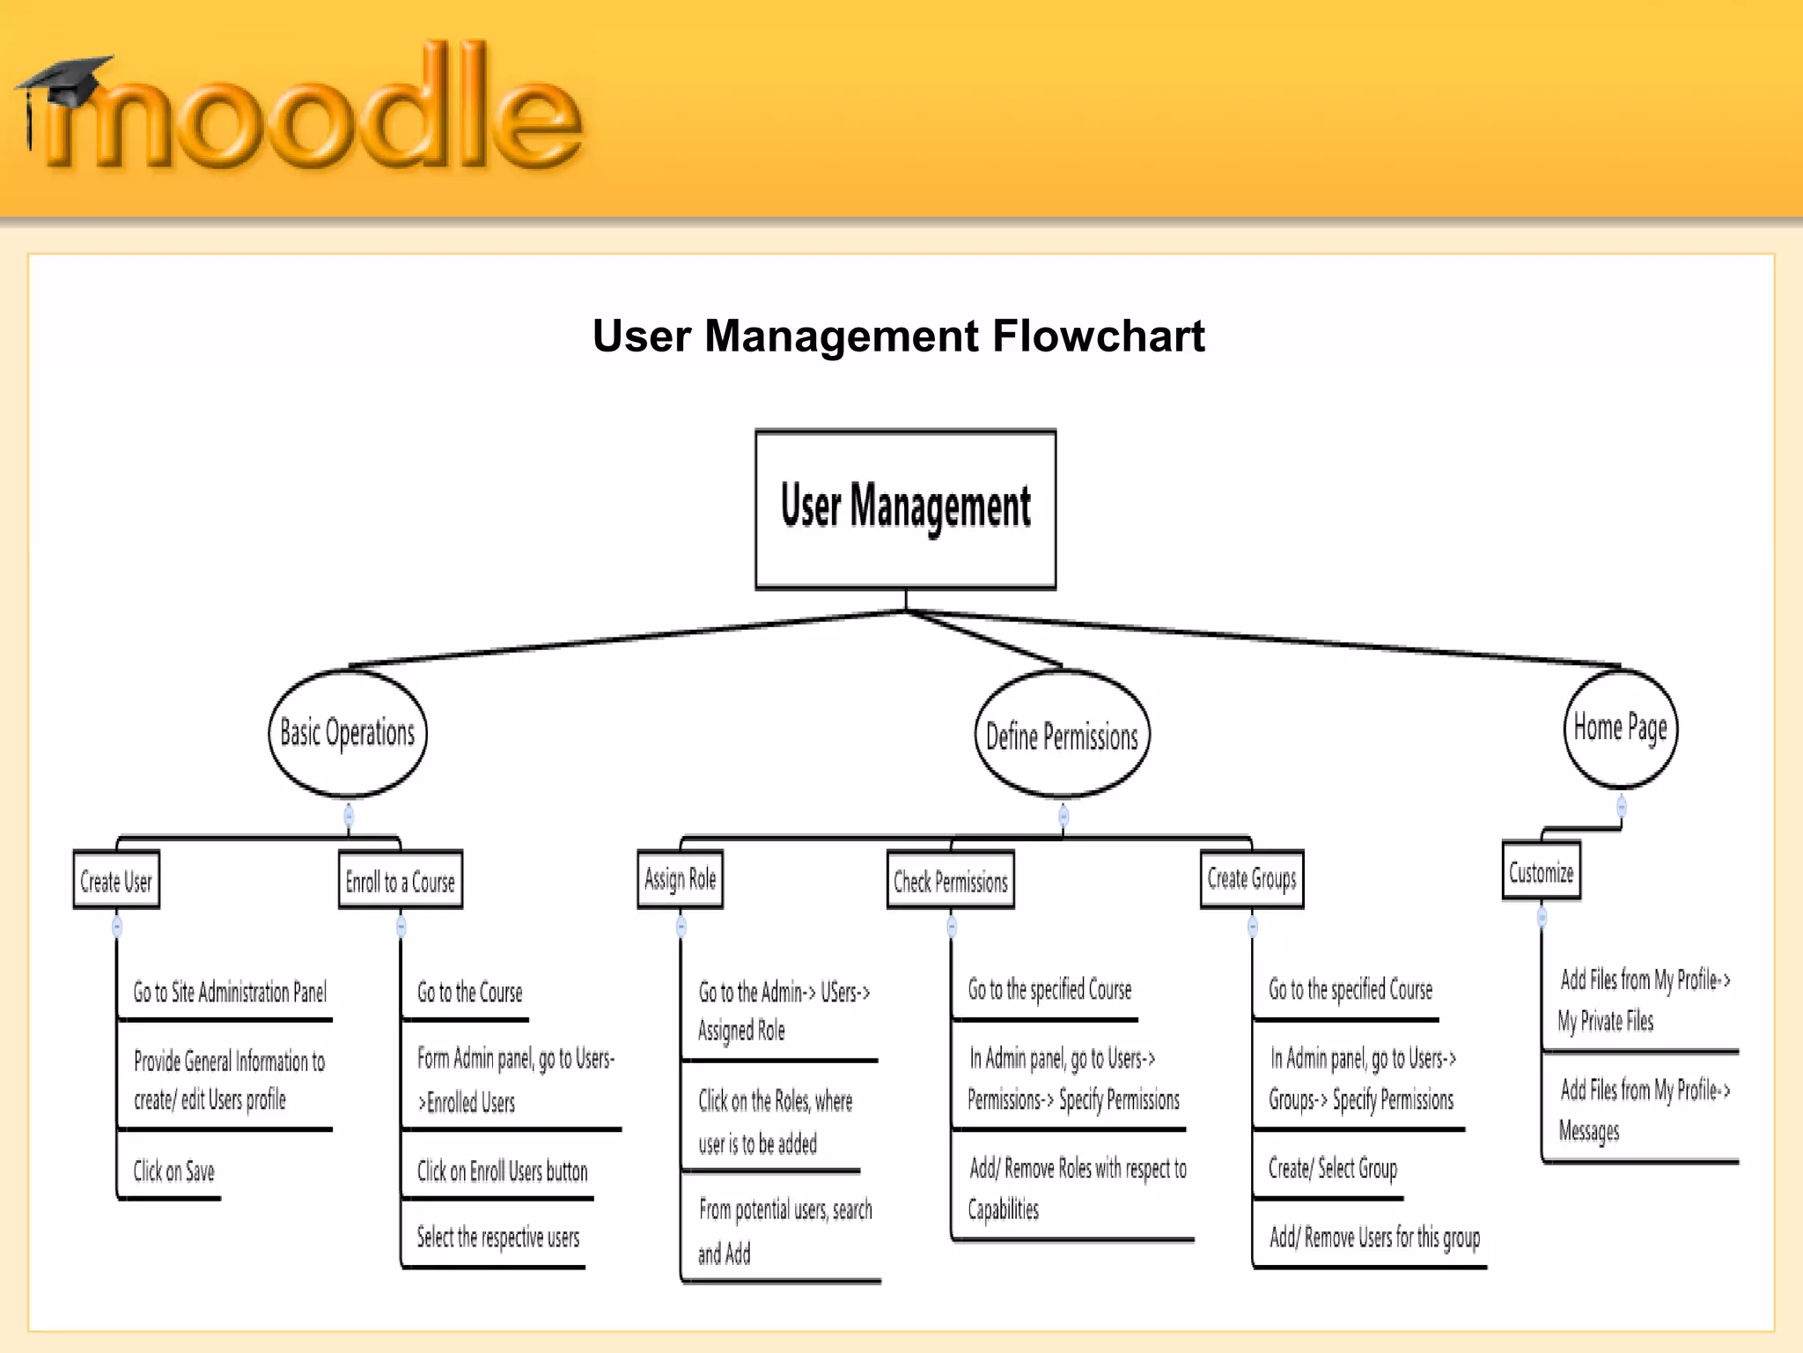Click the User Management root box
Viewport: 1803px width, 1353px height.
(905, 508)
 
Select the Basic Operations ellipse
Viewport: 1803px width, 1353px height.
(348, 733)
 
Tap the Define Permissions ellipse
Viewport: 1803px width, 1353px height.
(1062, 736)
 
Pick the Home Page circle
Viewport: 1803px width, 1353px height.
(1620, 728)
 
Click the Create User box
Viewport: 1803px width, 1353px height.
(116, 880)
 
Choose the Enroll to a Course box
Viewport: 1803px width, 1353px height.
(401, 880)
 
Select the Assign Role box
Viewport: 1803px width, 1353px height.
(680, 878)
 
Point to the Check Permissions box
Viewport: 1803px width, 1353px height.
(951, 880)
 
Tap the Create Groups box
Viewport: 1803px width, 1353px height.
(1252, 878)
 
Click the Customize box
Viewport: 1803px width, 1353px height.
(1541, 871)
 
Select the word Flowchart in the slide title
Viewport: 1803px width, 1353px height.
(1098, 336)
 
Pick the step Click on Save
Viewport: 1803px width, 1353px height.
(173, 1171)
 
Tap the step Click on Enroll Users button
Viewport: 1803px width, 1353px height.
(502, 1171)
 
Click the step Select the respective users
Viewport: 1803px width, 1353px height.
(498, 1237)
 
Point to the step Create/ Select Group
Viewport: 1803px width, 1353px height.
(1332, 1168)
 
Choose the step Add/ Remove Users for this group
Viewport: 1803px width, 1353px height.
(1374, 1237)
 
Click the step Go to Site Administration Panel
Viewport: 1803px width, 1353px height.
(230, 992)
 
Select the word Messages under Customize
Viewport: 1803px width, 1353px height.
(1588, 1130)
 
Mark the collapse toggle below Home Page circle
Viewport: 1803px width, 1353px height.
(1621, 806)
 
